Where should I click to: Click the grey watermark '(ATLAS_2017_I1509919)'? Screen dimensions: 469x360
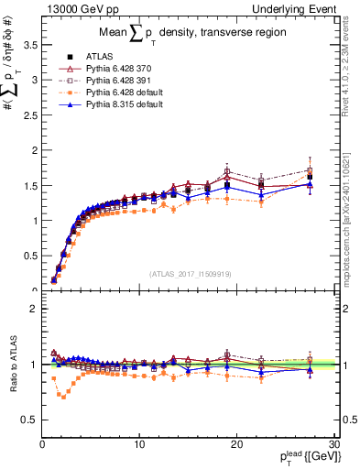(x=190, y=274)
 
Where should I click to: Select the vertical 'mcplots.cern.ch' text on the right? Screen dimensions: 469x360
(x=351, y=220)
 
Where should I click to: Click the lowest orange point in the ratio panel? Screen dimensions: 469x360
(x=62, y=397)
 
